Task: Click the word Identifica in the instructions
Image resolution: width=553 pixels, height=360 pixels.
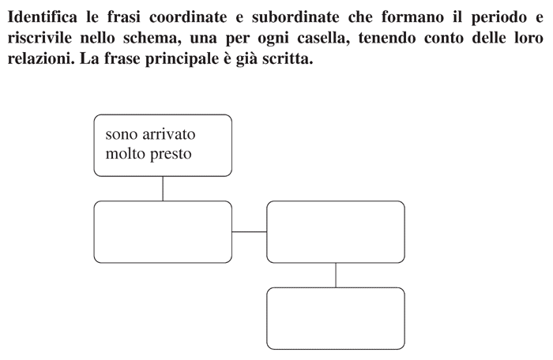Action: [43, 17]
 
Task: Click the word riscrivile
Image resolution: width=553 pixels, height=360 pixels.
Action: [39, 38]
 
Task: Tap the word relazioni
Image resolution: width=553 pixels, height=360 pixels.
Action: [41, 59]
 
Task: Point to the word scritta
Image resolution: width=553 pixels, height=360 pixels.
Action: [288, 59]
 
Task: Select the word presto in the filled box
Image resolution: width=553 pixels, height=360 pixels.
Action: [171, 155]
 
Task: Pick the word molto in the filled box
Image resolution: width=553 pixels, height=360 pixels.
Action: [126, 153]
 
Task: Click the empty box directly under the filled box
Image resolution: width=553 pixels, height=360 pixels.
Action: [163, 232]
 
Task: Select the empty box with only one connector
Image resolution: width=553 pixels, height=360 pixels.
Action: [336, 318]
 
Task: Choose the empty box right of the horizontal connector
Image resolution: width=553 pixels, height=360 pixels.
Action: [336, 232]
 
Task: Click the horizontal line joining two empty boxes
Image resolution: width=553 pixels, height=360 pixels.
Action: [250, 232]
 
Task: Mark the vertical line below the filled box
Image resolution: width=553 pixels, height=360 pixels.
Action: [163, 189]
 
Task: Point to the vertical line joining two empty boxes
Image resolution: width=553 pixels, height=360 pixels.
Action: [336, 275]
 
